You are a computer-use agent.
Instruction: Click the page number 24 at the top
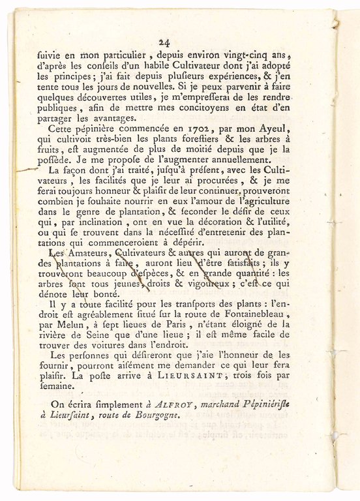click(x=164, y=42)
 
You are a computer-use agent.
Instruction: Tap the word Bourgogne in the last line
click(x=155, y=415)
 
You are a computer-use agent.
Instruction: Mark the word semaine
click(x=58, y=386)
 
